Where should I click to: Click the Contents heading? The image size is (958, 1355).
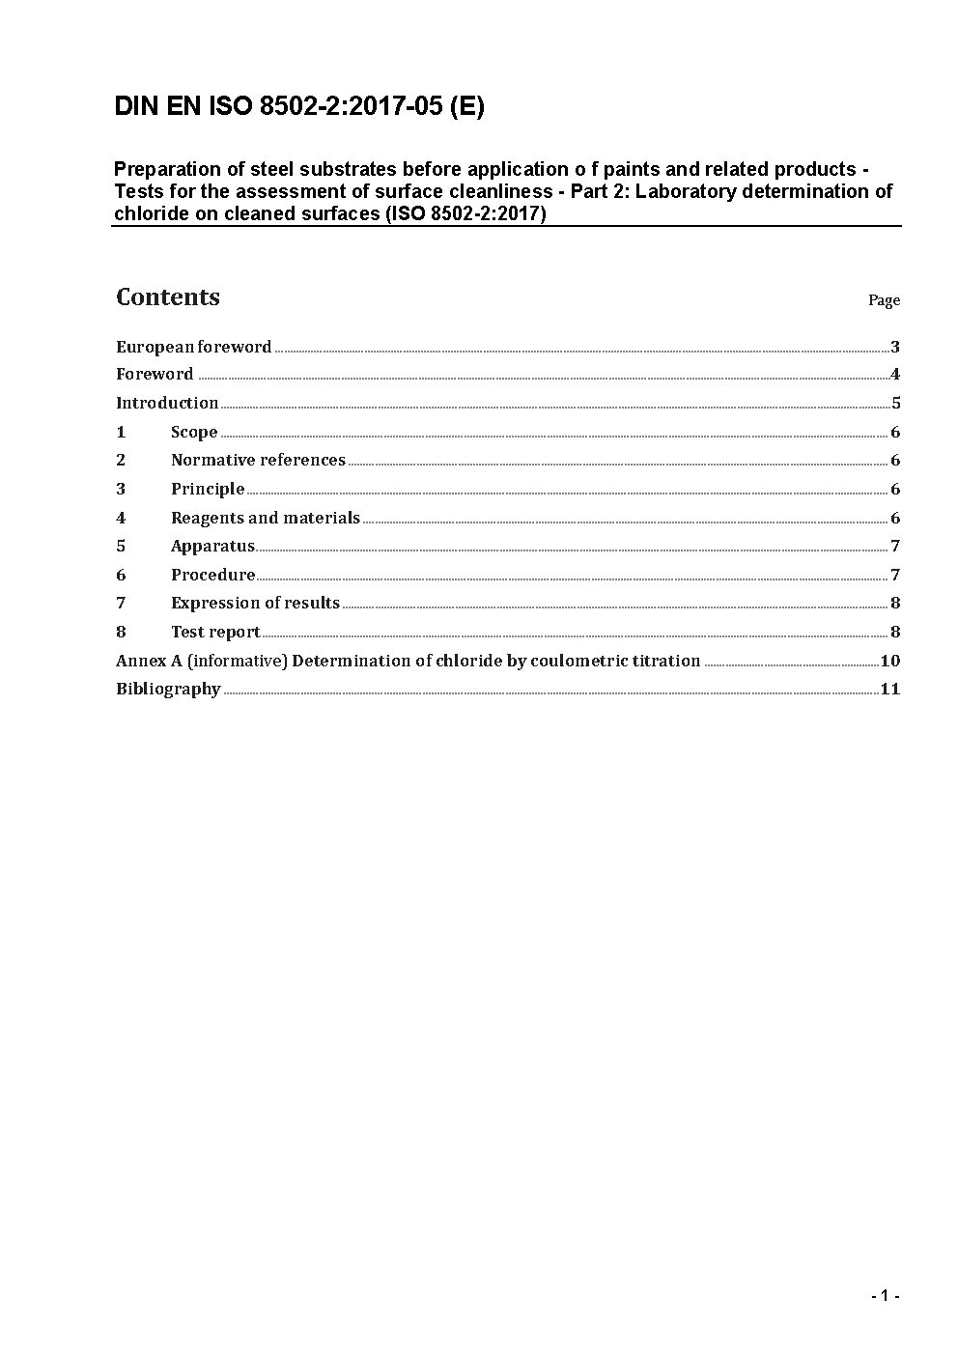[168, 297]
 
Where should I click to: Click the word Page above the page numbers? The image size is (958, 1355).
[884, 300]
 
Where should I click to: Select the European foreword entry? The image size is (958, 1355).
[193, 347]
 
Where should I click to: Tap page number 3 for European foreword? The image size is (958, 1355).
[895, 347]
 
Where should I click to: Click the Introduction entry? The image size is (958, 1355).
[167, 403]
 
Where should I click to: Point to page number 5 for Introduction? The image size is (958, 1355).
[895, 404]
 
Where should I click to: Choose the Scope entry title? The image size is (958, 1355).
[194, 432]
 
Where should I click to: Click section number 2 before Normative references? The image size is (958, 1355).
[121, 460]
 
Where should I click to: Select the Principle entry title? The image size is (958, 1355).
[208, 489]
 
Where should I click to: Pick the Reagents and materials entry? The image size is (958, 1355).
[266, 518]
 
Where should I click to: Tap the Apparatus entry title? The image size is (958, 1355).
[212, 546]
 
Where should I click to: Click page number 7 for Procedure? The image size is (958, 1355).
[895, 575]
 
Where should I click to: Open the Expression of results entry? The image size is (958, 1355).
[255, 603]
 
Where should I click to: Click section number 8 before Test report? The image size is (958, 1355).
[121, 632]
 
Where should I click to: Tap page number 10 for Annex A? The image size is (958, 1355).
[889, 661]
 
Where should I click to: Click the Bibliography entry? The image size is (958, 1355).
[168, 689]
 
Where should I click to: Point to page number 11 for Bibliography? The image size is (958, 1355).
[889, 689]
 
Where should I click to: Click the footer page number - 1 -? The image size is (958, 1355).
[885, 1295]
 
